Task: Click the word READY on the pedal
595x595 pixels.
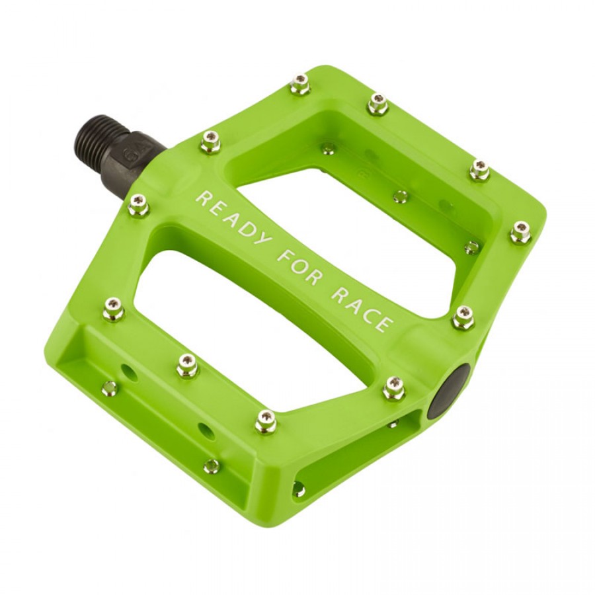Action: pyautogui.click(x=233, y=218)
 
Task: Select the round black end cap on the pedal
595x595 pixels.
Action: pyautogui.click(x=449, y=391)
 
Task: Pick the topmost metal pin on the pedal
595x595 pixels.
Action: pyautogui.click(x=300, y=84)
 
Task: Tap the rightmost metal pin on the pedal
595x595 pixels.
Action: pyautogui.click(x=520, y=231)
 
